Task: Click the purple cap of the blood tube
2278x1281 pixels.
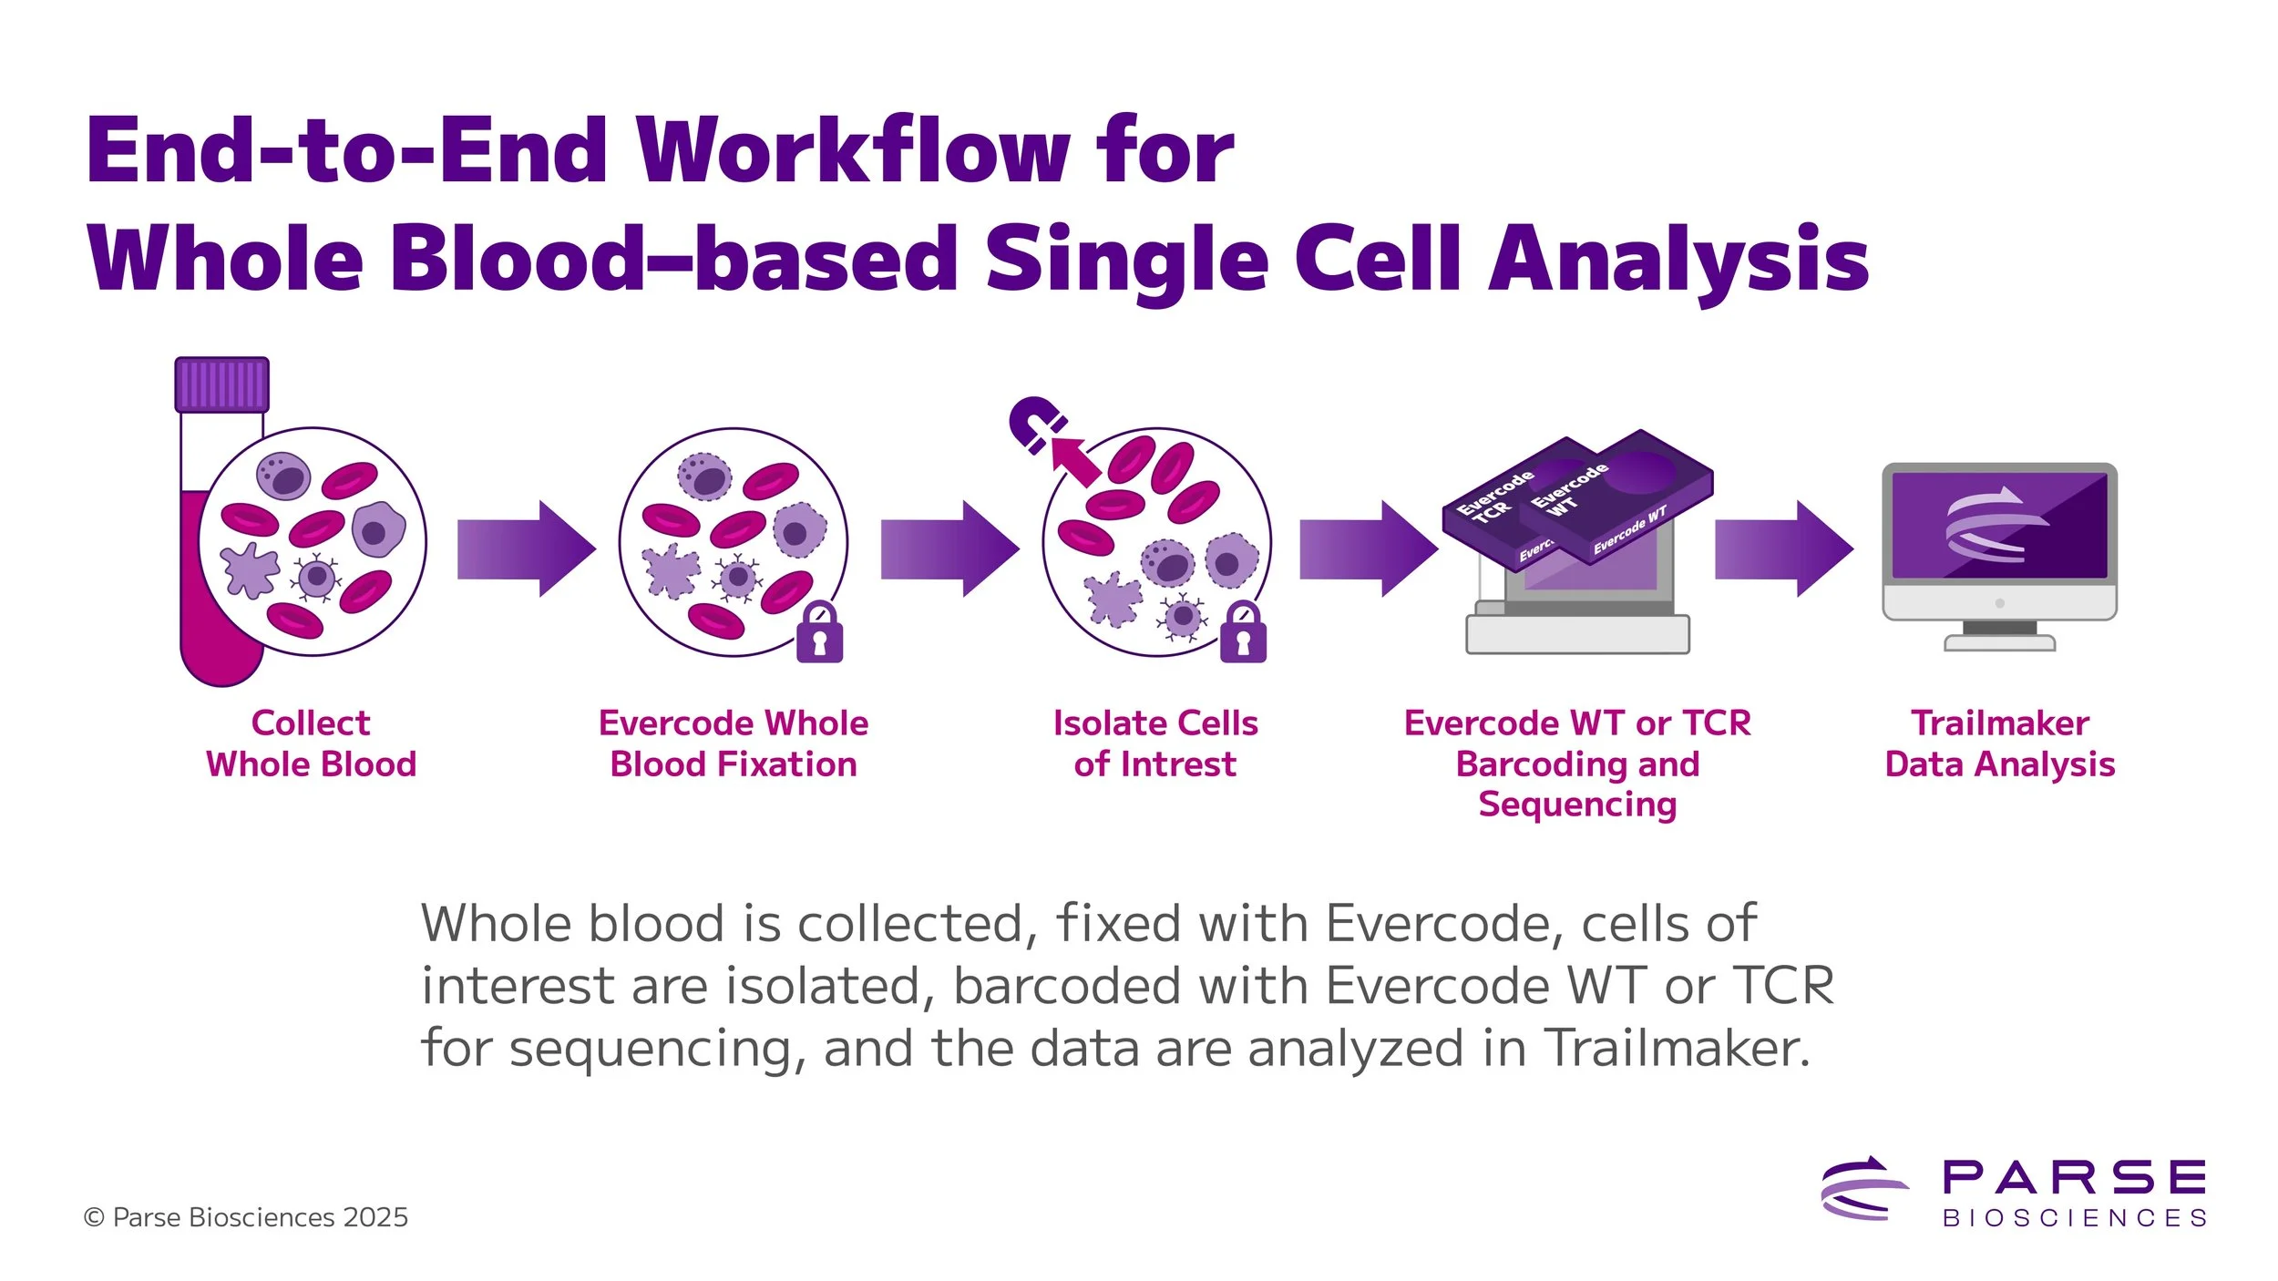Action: click(x=221, y=384)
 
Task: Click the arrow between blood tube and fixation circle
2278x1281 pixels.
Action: click(x=526, y=548)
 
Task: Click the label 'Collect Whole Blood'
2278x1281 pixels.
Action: click(x=311, y=743)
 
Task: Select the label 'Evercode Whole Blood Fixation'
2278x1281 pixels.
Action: click(x=734, y=743)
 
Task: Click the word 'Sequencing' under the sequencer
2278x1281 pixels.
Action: click(x=1577, y=804)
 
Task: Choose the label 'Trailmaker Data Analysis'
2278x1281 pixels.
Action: click(x=1999, y=743)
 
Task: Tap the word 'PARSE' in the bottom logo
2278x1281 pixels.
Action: click(x=2074, y=1177)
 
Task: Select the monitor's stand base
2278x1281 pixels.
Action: click(x=1999, y=643)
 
